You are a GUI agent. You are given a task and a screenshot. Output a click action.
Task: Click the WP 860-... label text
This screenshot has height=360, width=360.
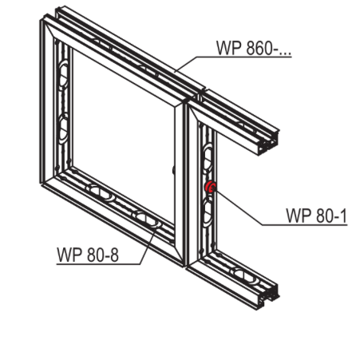click(x=254, y=48)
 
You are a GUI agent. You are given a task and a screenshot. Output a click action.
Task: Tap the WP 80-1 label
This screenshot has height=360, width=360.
click(x=316, y=216)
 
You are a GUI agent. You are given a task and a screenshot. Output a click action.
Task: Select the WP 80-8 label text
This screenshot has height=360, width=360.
click(x=88, y=255)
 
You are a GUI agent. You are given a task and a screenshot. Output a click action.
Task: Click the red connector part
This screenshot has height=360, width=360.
click(x=210, y=187)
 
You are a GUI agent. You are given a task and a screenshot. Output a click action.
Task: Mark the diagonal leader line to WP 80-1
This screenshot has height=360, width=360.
click(x=238, y=207)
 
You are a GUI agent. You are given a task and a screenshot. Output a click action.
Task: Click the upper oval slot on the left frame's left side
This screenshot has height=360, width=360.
click(x=63, y=74)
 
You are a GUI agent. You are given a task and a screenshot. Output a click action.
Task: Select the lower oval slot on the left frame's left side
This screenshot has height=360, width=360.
click(x=63, y=129)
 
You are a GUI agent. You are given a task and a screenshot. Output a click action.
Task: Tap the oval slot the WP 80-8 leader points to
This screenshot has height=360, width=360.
click(x=146, y=219)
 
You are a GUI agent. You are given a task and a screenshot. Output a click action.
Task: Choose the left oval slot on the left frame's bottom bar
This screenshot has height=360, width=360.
click(x=99, y=192)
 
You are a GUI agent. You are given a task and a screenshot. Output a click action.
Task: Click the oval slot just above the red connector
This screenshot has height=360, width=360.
click(x=208, y=159)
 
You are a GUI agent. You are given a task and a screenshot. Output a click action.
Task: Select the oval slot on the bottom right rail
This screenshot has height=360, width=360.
click(x=244, y=275)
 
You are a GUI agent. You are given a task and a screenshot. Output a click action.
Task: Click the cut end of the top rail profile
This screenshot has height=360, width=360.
click(x=268, y=144)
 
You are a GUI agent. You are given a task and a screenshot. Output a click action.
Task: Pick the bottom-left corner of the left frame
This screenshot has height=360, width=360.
click(x=42, y=184)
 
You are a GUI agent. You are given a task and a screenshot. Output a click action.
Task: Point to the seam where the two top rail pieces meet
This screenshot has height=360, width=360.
click(x=202, y=92)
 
